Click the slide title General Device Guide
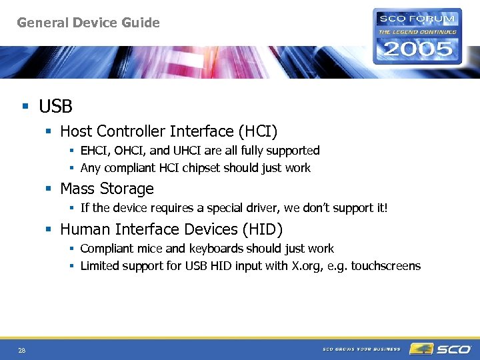point(88,23)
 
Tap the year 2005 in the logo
point(417,49)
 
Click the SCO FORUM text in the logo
point(417,19)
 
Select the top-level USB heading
point(55,106)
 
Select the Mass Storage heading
point(107,189)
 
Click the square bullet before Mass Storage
point(49,189)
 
